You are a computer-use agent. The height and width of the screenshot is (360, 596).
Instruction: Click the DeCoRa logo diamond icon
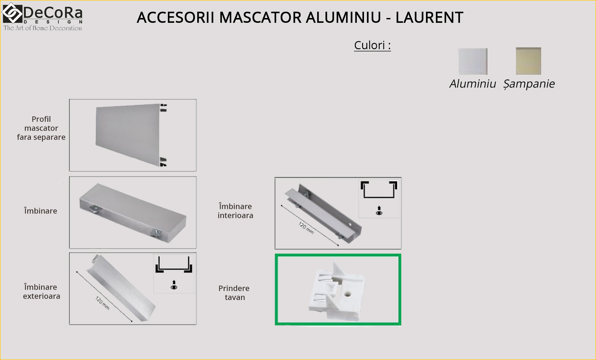[12, 13]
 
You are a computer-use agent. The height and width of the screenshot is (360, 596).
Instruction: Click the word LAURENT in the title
[429, 17]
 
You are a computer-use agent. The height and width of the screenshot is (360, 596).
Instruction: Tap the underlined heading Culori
[372, 45]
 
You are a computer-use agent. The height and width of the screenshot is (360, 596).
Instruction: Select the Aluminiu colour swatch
[473, 61]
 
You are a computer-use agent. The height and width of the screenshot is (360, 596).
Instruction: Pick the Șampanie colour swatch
[529, 61]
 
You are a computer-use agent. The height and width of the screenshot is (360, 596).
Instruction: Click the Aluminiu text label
[473, 84]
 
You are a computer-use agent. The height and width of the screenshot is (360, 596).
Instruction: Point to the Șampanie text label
[529, 84]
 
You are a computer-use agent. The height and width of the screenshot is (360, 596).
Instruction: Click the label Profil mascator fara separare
[41, 128]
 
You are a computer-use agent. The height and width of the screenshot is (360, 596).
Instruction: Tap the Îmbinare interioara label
[235, 211]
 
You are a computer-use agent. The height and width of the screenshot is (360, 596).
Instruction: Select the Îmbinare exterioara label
[41, 292]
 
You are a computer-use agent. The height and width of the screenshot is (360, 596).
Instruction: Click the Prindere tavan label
[234, 293]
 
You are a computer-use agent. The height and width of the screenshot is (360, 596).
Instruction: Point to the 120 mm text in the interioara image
[306, 228]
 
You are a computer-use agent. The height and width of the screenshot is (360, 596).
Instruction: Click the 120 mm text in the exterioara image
[102, 303]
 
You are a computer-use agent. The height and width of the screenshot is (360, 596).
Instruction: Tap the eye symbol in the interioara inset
[379, 213]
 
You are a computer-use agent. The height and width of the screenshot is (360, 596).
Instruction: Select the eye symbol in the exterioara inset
[174, 287]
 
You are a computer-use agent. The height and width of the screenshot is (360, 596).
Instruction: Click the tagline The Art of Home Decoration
[43, 28]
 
